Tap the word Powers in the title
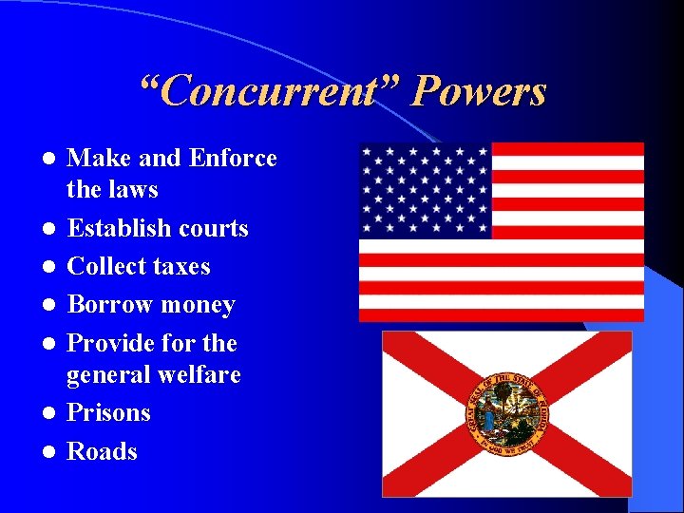(x=480, y=92)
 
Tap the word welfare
(x=198, y=375)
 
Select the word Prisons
(x=108, y=413)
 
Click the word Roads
(x=102, y=451)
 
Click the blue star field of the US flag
(x=425, y=190)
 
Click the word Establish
(x=118, y=229)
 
